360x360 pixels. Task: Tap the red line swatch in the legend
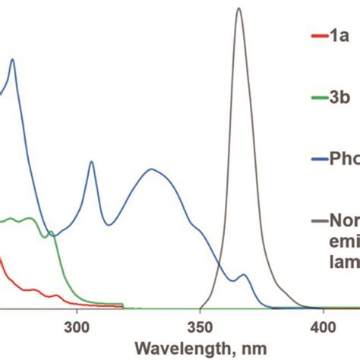(318, 36)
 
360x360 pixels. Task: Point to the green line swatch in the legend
(318, 98)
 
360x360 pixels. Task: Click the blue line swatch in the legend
(318, 160)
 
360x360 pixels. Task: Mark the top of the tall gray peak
(238, 9)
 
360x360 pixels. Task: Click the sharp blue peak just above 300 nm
(91, 162)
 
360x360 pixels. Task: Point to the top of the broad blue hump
(152, 169)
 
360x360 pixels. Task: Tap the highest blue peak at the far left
(11, 60)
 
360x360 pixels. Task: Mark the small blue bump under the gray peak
(243, 275)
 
